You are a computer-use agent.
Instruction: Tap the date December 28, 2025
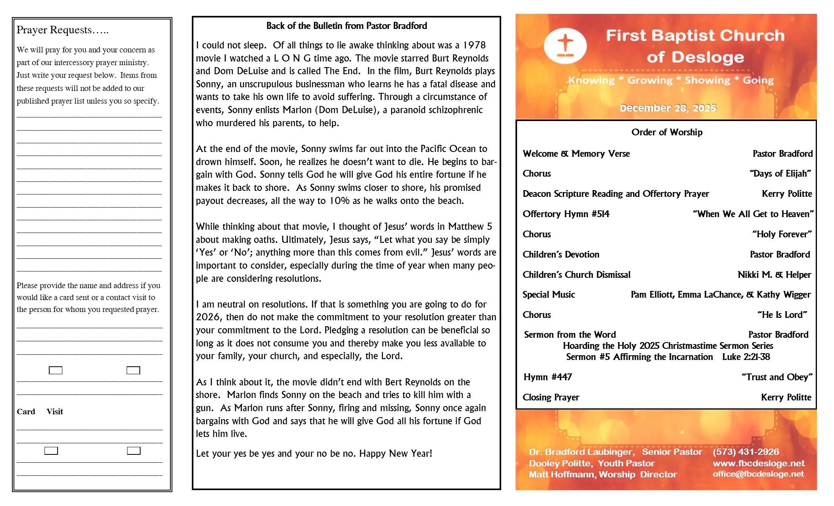click(x=668, y=108)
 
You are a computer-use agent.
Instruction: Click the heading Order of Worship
click(x=667, y=132)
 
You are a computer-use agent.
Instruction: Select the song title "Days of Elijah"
click(x=780, y=174)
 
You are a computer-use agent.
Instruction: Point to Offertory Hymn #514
click(x=566, y=214)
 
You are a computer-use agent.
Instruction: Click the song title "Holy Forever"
click(x=782, y=235)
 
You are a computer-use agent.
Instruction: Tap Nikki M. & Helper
click(x=774, y=275)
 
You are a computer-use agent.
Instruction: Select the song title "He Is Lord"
click(x=782, y=315)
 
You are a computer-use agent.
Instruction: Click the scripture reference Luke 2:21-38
click(x=746, y=357)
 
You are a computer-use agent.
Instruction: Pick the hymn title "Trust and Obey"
click(x=777, y=377)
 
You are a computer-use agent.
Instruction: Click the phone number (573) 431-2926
click(x=746, y=452)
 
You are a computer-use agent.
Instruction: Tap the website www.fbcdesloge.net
click(x=759, y=464)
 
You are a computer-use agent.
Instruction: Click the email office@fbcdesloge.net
click(x=758, y=474)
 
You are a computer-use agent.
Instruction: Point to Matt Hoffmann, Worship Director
click(x=602, y=475)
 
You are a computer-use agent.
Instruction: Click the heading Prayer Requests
click(x=62, y=30)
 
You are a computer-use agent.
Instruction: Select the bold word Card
click(x=26, y=412)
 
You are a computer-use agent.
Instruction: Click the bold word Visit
click(x=55, y=412)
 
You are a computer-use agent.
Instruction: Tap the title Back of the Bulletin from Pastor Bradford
click(x=346, y=26)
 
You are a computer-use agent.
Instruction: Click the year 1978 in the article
click(x=474, y=45)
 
